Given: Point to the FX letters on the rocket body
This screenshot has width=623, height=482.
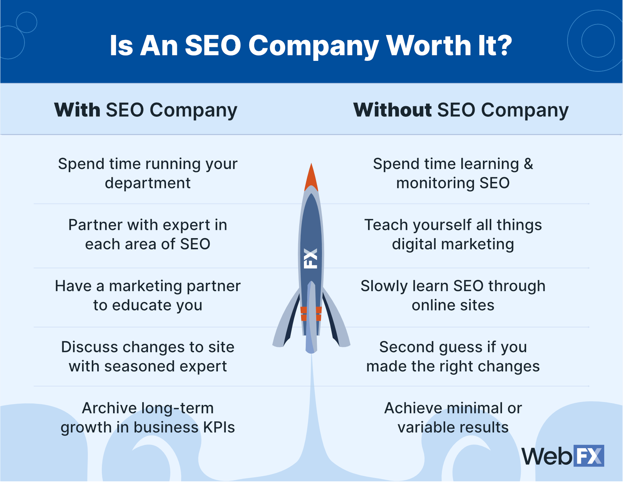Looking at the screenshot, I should pos(310,258).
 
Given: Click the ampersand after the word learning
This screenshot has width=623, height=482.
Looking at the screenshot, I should pos(528,164).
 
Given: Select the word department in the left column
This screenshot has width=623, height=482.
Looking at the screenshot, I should pos(148,183).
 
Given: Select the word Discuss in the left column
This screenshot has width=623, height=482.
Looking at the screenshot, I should pos(90,347).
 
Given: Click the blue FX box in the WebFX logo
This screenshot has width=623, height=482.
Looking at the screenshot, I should pos(588,456).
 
